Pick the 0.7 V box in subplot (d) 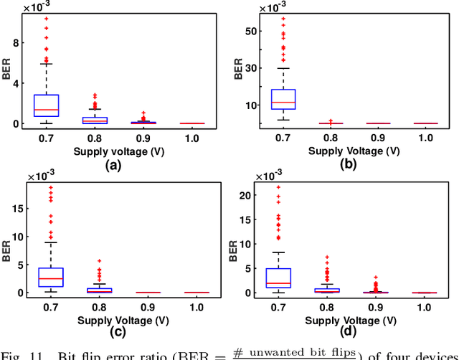pos(278,277)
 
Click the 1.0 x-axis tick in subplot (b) pos(425,137)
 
